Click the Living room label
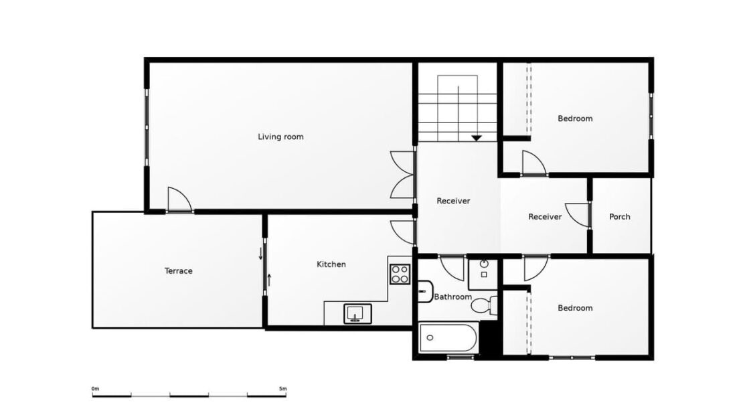280,137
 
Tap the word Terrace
178,271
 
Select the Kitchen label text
331,264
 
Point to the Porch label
619,217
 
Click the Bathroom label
453,297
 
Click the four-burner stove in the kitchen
400,274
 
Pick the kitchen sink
357,314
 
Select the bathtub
448,338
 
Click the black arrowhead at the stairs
476,139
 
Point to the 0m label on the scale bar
95,389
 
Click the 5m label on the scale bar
283,389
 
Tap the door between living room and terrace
180,199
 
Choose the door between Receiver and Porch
578,216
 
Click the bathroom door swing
452,268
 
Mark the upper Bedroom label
575,118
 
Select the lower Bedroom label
575,308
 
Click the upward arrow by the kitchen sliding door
269,280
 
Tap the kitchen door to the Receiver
402,232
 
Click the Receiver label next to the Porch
545,217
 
